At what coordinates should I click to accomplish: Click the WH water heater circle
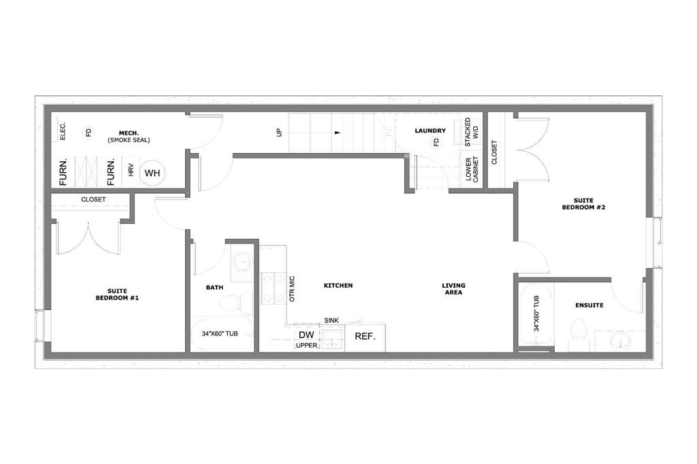click(x=152, y=173)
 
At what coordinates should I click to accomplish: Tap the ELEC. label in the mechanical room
click(x=63, y=131)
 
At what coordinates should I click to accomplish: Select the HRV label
click(x=131, y=170)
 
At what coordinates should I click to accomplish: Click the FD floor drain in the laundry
click(x=436, y=142)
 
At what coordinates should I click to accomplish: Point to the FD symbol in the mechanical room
click(x=88, y=133)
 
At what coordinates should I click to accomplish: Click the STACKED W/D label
click(x=471, y=132)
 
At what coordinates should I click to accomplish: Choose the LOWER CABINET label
click(x=472, y=169)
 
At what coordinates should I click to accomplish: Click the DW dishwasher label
click(x=306, y=335)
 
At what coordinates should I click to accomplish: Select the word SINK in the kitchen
click(x=331, y=320)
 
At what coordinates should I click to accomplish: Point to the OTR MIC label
click(x=292, y=289)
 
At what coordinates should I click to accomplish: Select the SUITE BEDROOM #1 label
click(x=117, y=294)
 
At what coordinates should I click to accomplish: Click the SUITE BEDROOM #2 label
click(x=583, y=203)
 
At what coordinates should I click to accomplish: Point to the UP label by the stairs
click(x=279, y=132)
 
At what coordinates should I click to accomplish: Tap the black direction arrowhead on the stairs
click(x=338, y=133)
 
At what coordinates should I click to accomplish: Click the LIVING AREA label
click(x=453, y=289)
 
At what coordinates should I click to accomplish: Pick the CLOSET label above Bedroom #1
click(x=93, y=199)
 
